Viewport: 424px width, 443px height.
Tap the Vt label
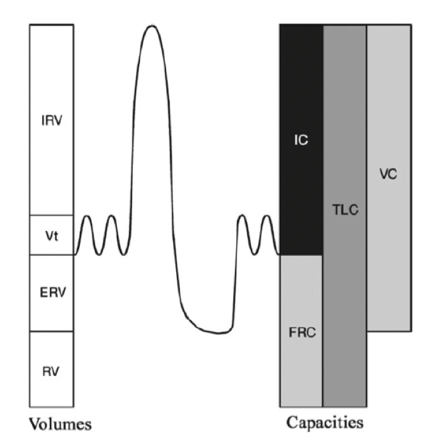coord(51,235)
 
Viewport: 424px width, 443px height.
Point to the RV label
coord(51,370)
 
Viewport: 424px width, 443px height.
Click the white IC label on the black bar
coord(301,140)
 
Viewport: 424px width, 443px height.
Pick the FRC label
coord(301,333)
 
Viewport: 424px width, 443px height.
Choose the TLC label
coord(345,209)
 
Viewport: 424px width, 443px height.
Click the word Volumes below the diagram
coord(59,424)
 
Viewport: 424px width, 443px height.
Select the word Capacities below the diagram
coord(325,422)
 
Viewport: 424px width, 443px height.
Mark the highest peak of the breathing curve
coord(151,26)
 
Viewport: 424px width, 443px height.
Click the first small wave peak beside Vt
coord(86,217)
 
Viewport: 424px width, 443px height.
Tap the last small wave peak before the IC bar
coord(266,217)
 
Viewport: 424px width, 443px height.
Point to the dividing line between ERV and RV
coord(51,331)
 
